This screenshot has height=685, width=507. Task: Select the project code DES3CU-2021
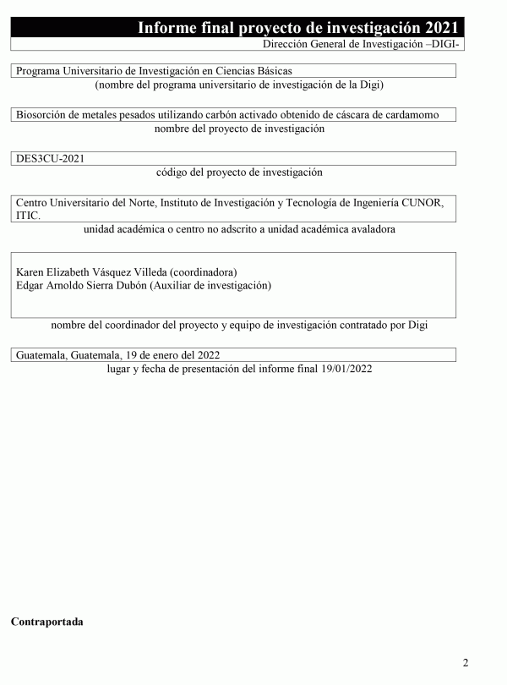51,158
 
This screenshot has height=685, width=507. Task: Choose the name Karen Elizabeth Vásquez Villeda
91,272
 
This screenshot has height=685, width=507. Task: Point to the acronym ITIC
28,216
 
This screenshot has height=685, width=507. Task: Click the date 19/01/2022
344,369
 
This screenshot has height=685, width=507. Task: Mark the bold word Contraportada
46,622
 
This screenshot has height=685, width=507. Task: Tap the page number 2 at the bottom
466,661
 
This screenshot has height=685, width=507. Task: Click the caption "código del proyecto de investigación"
240,172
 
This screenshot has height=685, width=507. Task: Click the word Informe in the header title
172,28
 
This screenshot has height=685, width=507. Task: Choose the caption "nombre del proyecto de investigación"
240,129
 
